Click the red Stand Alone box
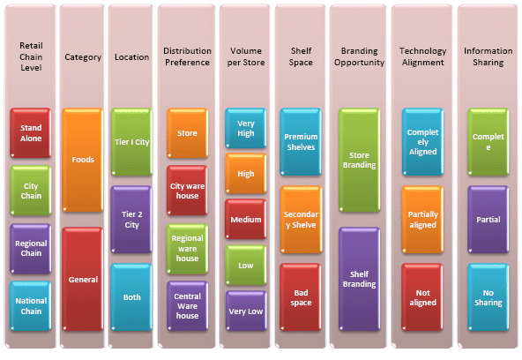(x=31, y=133)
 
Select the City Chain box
(x=31, y=191)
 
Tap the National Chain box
(x=31, y=306)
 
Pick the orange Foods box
(x=83, y=160)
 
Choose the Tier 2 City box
(x=131, y=220)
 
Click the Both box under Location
(x=131, y=297)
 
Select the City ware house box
(x=188, y=191)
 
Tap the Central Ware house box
(x=188, y=306)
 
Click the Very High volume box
(x=246, y=128)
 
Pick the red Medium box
(x=246, y=220)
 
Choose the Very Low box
(x=246, y=311)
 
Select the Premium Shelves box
(x=301, y=142)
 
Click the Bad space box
(x=301, y=297)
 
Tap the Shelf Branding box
(x=359, y=279)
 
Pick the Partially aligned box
(x=422, y=220)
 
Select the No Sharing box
(x=488, y=297)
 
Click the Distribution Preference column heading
(x=187, y=56)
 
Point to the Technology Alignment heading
(x=422, y=56)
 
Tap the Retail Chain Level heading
(x=31, y=56)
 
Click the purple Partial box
(x=488, y=220)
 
